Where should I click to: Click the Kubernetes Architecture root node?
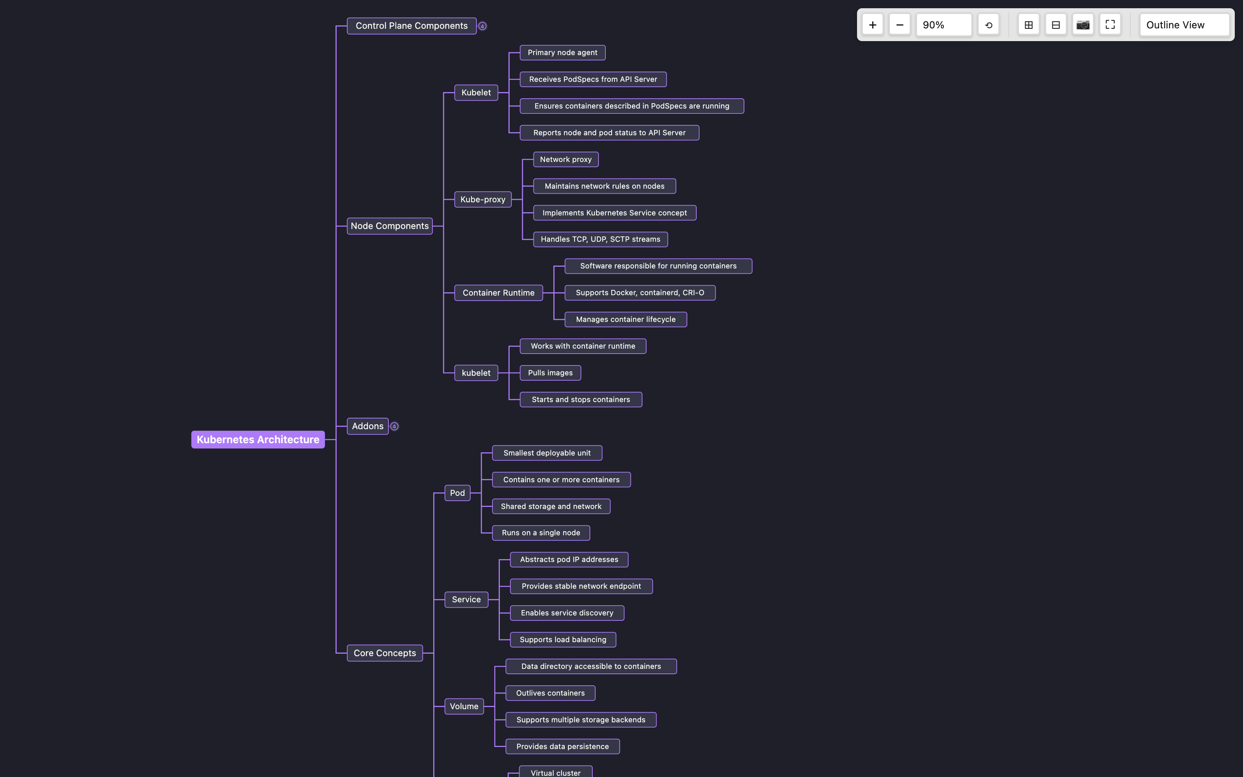coord(258,439)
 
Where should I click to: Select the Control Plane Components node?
coord(411,25)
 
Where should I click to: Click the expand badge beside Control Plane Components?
coord(482,26)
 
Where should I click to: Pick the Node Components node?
coord(389,226)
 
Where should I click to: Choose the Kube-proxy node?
coord(482,199)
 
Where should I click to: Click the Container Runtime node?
coord(498,293)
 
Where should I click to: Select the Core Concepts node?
coord(385,653)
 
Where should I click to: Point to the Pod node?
coord(457,493)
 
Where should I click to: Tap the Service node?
coord(466,600)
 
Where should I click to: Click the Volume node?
coord(464,707)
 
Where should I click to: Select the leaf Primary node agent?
coord(562,53)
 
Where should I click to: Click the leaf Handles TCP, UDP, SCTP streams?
coord(600,239)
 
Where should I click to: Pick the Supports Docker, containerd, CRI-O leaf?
coord(640,293)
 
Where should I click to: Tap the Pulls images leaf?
coord(550,373)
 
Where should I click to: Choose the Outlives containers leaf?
coord(550,693)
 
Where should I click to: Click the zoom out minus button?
coord(899,25)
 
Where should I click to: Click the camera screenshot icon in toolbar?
coord(1083,25)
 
